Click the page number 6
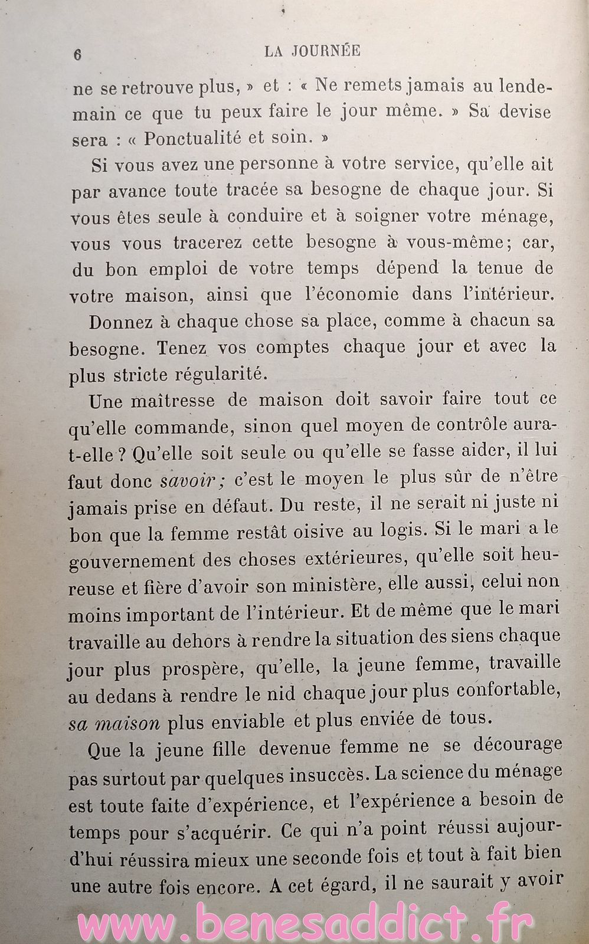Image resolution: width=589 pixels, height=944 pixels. [77, 54]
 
